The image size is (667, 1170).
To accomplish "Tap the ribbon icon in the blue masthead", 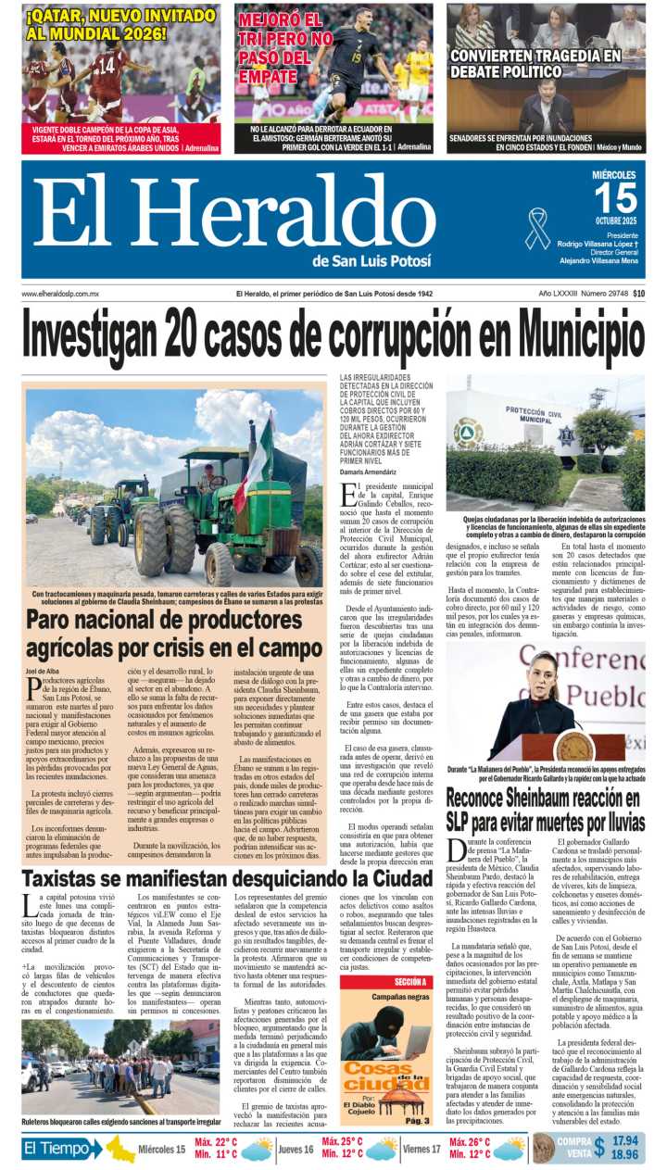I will (537, 228).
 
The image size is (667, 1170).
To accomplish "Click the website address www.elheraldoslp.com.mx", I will (61, 294).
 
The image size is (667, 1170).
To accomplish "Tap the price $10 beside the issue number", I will (639, 294).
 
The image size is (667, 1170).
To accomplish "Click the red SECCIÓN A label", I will (384, 981).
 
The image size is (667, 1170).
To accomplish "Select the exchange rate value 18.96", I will (624, 1155).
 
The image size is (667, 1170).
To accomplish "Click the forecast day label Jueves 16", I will (296, 1150).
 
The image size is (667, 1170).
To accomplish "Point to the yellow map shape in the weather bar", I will (120, 1150).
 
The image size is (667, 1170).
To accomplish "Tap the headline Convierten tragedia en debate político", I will (535, 63).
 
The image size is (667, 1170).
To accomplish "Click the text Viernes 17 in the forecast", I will (422, 1150).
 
